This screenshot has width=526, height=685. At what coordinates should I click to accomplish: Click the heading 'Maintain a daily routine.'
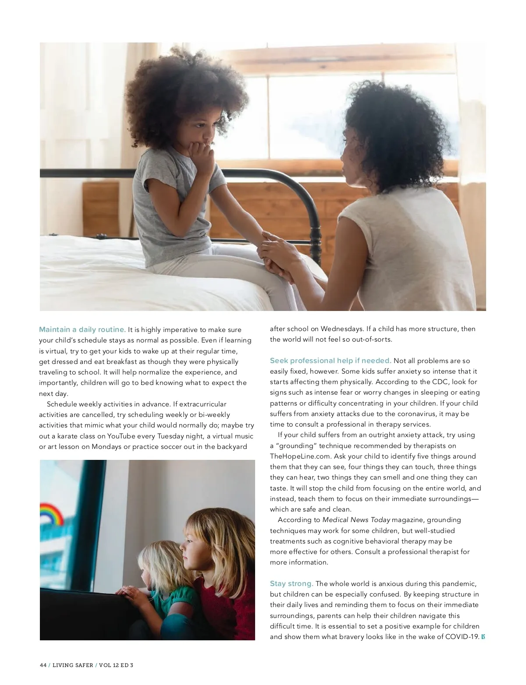[82, 329]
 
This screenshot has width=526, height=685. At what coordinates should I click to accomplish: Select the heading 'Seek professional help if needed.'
[331, 360]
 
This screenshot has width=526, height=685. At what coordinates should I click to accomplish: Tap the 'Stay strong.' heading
[291, 583]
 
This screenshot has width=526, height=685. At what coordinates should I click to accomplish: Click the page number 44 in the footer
[43, 665]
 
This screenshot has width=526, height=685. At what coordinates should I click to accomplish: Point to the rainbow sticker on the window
[52, 513]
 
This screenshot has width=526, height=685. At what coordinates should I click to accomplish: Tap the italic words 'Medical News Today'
[356, 520]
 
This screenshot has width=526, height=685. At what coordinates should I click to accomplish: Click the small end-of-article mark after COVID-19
[483, 637]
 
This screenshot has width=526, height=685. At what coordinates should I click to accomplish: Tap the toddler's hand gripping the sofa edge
[127, 592]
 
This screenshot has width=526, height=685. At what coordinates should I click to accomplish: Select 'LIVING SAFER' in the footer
[73, 665]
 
